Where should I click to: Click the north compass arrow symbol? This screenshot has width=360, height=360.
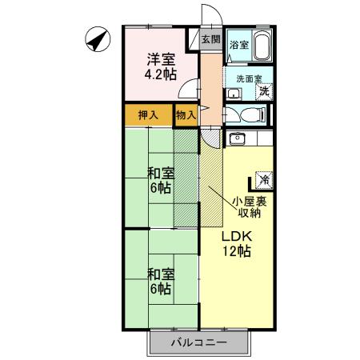pos(97,39)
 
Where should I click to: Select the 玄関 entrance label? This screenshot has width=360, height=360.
pos(210,39)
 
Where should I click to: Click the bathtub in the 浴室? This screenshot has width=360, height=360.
pos(263,47)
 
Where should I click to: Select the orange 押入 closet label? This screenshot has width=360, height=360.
pos(148,115)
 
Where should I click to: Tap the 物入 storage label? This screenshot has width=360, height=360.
pos(185,115)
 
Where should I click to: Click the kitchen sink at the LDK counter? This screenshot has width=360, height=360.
pos(237,140)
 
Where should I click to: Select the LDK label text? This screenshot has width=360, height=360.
pos(237,236)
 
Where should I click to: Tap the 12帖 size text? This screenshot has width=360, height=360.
pos(238,252)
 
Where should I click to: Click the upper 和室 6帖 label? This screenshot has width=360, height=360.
pos(160,179)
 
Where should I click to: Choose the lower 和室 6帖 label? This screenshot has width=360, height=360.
pos(160,280)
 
